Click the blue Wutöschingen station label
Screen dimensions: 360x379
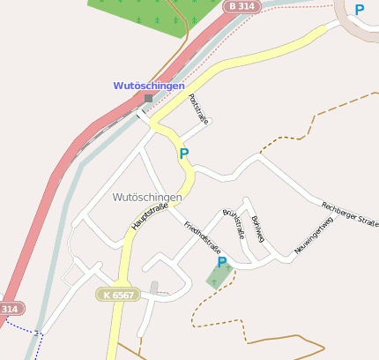coord(149,86)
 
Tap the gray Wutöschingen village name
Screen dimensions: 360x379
coord(147,197)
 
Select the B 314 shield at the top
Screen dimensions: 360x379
coord(244,6)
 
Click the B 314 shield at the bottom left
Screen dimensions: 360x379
coord(9,309)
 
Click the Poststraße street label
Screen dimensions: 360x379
coord(198,109)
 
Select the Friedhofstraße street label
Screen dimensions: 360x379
coord(202,237)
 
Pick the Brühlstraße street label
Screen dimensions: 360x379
coord(234,224)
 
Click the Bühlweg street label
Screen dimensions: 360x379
coord(257,228)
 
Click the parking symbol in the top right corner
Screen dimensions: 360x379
coord(359,10)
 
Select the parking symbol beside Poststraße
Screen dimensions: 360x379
coord(183,154)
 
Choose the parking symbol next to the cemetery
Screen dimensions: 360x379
coord(222,262)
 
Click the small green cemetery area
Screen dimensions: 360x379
coord(220,277)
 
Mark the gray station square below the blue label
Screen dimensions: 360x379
coord(149,98)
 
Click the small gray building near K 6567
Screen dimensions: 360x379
coord(154,287)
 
